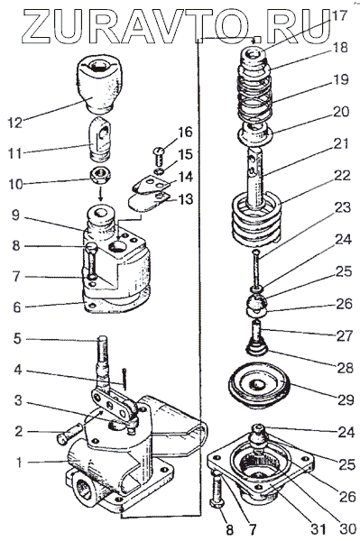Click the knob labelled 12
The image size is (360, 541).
pos(100,84)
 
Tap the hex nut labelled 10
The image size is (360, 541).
pos(100,177)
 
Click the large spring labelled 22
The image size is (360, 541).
pos(255,221)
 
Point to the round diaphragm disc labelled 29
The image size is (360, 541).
pos(259,384)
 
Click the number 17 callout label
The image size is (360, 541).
pos(338,14)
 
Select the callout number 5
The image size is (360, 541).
pos(18,338)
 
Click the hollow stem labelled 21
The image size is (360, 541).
pos(255,178)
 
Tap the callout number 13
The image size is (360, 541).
pos(185,199)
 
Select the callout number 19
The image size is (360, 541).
pos(340,79)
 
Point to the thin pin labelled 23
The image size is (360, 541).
pos(255,269)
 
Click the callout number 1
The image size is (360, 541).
pos(18,463)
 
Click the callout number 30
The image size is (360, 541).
pos(346,527)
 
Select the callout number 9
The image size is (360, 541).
pos(17,216)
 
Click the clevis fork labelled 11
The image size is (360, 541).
pos(101,138)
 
